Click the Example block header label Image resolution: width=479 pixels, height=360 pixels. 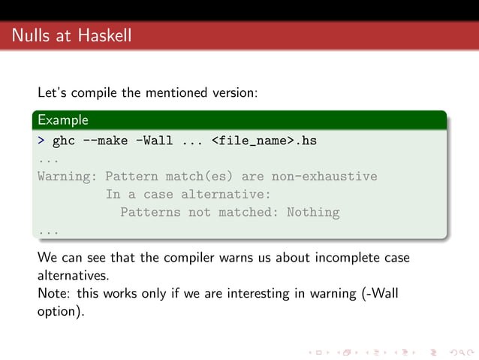(x=63, y=119)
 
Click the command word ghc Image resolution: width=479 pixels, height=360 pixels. (x=64, y=141)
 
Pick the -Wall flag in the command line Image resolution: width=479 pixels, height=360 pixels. (x=155, y=141)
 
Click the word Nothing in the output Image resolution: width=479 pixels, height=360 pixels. (x=312, y=213)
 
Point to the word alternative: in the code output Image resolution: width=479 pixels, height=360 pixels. (x=229, y=195)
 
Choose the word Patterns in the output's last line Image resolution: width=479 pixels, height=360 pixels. (x=150, y=213)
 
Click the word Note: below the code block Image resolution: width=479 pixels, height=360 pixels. (x=55, y=293)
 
